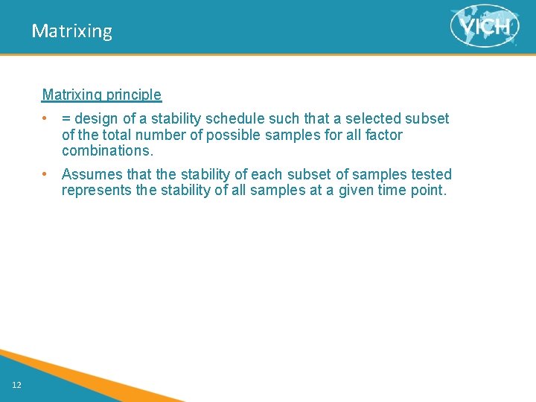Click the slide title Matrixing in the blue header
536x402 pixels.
pyautogui.click(x=71, y=31)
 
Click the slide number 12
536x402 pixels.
pyautogui.click(x=16, y=384)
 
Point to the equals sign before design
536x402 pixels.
pyautogui.click(x=66, y=119)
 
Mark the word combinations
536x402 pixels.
pyautogui.click(x=107, y=150)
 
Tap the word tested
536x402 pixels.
pyautogui.click(x=431, y=174)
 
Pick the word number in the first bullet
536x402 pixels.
pyautogui.click(x=169, y=135)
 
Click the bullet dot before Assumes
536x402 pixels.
pyautogui.click(x=45, y=174)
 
